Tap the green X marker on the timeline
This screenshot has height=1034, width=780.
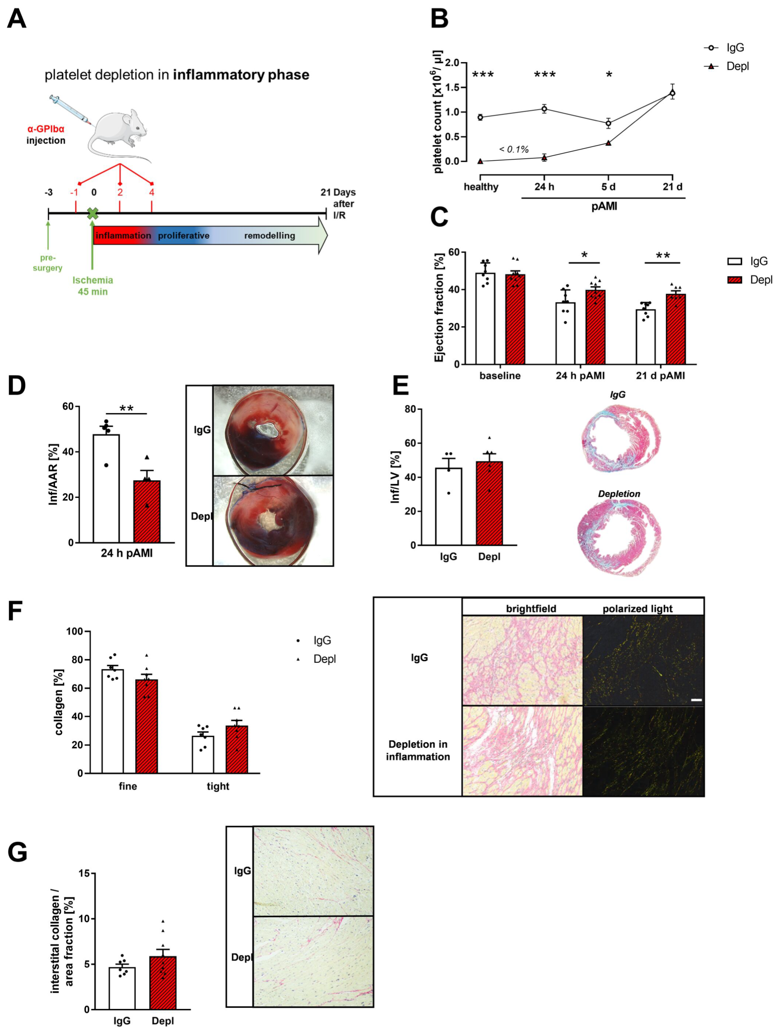93,214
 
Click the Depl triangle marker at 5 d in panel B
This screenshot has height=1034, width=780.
608,143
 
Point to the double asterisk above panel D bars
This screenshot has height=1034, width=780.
126,409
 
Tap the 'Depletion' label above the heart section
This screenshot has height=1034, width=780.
619,494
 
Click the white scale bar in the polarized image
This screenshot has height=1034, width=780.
696,700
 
